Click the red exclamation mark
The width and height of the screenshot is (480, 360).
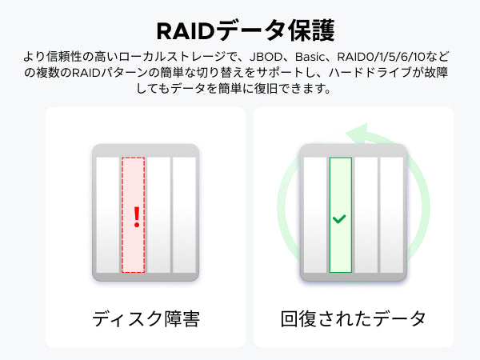(137, 217)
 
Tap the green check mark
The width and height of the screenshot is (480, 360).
(339, 218)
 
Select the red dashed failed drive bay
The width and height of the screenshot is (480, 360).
(133, 215)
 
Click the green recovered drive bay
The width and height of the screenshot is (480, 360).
(341, 215)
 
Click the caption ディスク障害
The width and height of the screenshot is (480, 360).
(146, 318)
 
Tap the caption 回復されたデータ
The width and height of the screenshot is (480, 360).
(353, 318)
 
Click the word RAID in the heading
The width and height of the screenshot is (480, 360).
(186, 31)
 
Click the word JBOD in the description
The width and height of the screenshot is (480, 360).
(266, 58)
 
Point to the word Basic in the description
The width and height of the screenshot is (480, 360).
(309, 58)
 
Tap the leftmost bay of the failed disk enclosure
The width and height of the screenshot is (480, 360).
(108, 215)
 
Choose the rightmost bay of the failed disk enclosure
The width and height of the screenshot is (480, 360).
(184, 215)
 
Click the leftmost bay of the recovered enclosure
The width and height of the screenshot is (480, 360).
(315, 215)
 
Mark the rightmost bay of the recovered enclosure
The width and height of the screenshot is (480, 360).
(391, 215)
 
